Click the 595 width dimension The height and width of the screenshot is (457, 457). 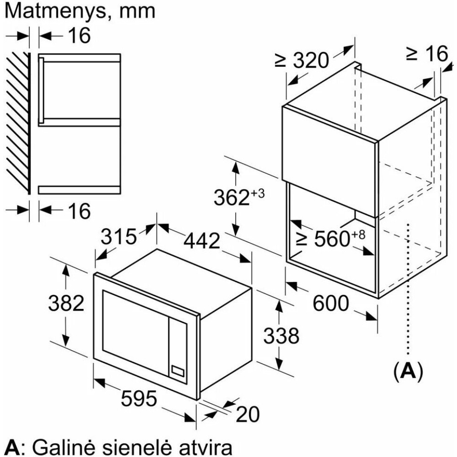[x=139, y=399]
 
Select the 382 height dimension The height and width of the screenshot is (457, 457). [x=66, y=303]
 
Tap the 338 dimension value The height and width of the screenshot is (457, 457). [x=281, y=335]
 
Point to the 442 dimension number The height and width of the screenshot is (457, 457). [x=202, y=241]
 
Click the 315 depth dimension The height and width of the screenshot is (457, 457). [x=119, y=236]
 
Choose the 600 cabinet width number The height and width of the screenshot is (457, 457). [x=330, y=303]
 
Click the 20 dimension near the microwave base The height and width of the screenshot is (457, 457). [x=247, y=414]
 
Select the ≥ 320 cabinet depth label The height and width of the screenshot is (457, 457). [x=302, y=60]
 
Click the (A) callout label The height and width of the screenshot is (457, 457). [x=408, y=371]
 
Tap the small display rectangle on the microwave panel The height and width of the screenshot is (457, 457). [x=178, y=371]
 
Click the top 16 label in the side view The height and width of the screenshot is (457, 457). [x=79, y=35]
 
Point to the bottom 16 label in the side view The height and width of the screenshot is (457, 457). [x=79, y=211]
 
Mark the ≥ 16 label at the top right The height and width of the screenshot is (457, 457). [x=427, y=53]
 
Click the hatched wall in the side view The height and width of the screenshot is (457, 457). [x=19, y=123]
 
